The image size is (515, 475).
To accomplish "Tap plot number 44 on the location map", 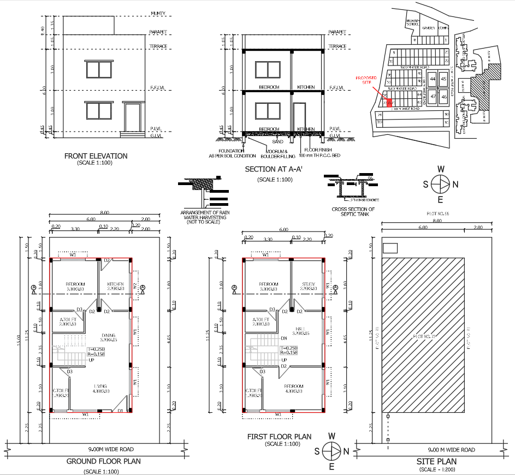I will (x=433, y=79).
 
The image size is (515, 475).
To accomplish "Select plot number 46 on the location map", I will (x=444, y=97).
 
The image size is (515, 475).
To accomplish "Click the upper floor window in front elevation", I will (x=99, y=69).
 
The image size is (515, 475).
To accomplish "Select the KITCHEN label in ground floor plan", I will (x=115, y=284).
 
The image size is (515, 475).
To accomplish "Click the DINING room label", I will (x=108, y=335).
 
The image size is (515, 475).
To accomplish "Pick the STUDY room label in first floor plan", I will (x=308, y=284).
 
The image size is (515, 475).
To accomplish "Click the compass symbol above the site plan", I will (x=440, y=183).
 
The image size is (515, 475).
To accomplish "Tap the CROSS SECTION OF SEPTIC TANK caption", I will (x=353, y=212).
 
